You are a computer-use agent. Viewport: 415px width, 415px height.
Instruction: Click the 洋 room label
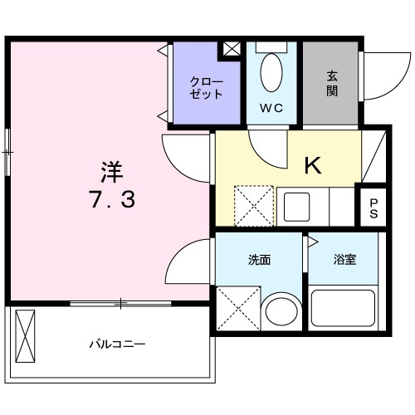click(x=112, y=173)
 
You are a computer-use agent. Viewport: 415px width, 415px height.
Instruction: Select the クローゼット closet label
click(x=206, y=88)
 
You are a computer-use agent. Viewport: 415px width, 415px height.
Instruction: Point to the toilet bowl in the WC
click(x=271, y=73)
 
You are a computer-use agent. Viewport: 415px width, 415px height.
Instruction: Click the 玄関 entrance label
click(x=331, y=82)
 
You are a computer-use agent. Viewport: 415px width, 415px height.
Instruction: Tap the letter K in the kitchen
click(x=313, y=165)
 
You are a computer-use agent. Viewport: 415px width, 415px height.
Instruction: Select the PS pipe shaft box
click(x=373, y=207)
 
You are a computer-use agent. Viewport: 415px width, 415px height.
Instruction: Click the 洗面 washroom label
click(x=260, y=260)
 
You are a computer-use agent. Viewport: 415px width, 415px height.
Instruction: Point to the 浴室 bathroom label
click(x=345, y=260)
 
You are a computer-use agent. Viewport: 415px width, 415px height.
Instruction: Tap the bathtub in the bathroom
click(x=344, y=311)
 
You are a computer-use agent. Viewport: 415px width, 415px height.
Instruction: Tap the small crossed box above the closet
click(x=229, y=49)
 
